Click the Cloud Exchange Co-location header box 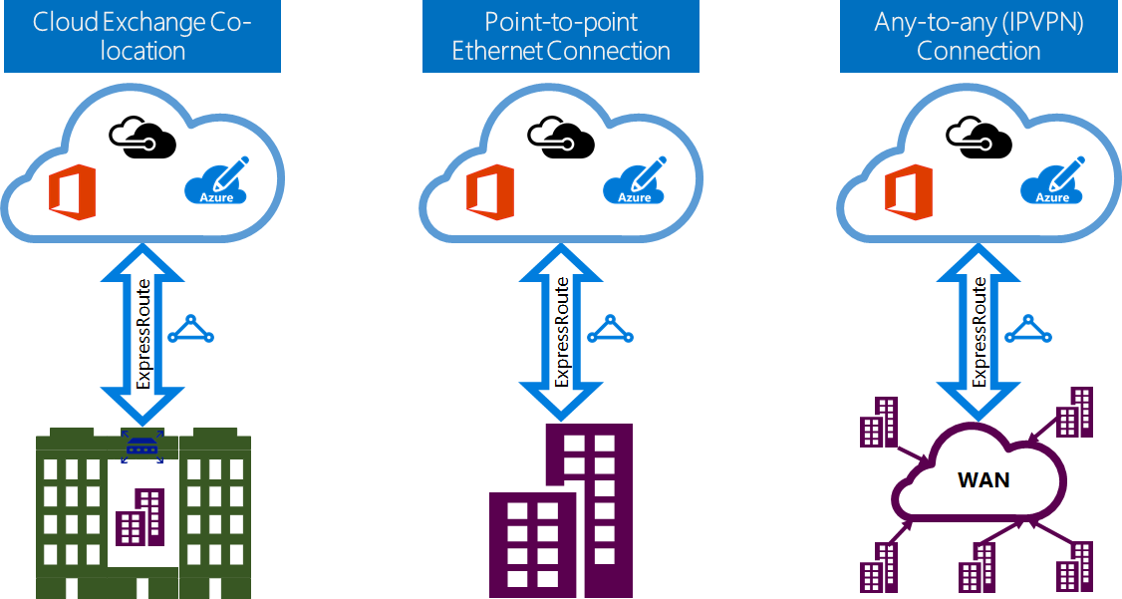point(142,37)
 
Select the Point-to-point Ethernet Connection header point(561,37)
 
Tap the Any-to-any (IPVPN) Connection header point(979,37)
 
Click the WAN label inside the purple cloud point(982,480)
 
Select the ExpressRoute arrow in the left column point(141,334)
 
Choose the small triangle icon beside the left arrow point(190,330)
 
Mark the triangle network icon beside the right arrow point(1027,330)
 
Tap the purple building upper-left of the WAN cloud point(878,422)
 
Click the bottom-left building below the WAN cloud point(879,569)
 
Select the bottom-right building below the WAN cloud point(1076,567)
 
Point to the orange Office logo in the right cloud point(909,192)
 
